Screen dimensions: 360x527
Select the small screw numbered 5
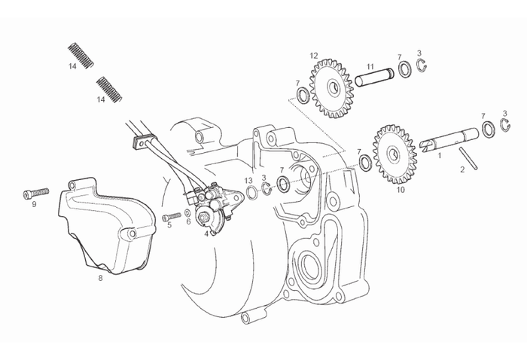(169, 217)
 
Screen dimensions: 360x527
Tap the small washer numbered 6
(186, 214)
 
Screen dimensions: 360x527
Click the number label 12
(314, 55)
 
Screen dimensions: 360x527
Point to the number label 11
(370, 66)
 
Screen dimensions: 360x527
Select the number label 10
(400, 191)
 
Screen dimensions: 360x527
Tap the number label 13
(248, 180)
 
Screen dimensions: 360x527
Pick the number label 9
(34, 204)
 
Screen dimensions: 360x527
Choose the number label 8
(100, 278)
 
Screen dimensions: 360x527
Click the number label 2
(462, 170)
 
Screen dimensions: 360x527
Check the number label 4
(206, 233)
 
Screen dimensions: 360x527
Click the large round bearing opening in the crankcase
(309, 264)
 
